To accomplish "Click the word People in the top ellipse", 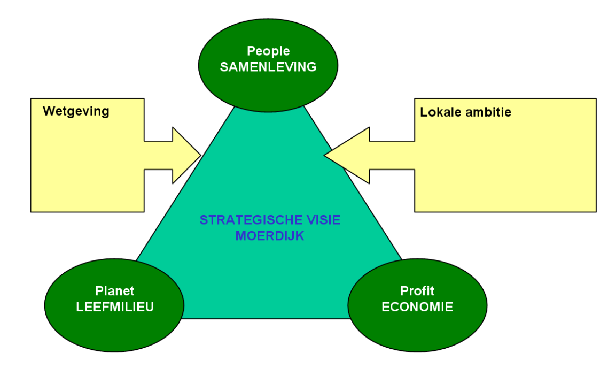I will [268, 51].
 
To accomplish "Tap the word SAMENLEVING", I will [268, 67].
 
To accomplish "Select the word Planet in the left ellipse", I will [114, 292].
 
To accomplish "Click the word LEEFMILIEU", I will [114, 307].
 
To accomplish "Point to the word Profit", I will [417, 292].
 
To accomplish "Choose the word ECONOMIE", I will [417, 307].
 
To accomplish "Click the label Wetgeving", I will [76, 111].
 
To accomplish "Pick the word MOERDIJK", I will [269, 235].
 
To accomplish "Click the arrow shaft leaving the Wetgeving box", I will [158, 155].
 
